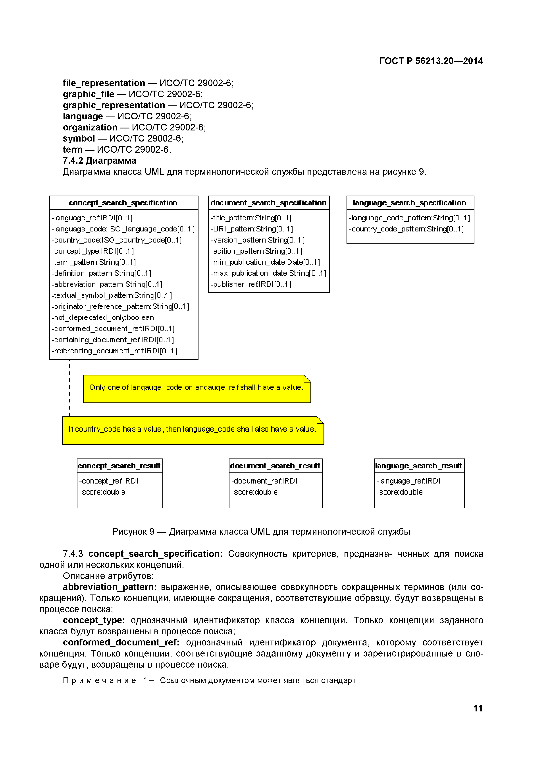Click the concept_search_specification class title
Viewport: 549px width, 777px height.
tap(123, 203)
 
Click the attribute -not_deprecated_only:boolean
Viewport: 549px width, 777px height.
tap(103, 317)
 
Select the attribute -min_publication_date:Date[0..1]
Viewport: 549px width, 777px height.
tap(265, 262)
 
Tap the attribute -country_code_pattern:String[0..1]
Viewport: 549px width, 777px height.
tap(406, 229)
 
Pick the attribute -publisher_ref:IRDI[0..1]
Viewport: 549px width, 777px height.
tap(251, 284)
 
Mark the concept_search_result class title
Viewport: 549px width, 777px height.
tap(119, 466)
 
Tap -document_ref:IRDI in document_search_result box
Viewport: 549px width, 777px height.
tap(264, 481)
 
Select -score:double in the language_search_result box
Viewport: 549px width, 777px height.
tap(400, 492)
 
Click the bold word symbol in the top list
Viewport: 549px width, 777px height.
tap(79, 138)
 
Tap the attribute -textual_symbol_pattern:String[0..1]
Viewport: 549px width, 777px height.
tap(112, 295)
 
